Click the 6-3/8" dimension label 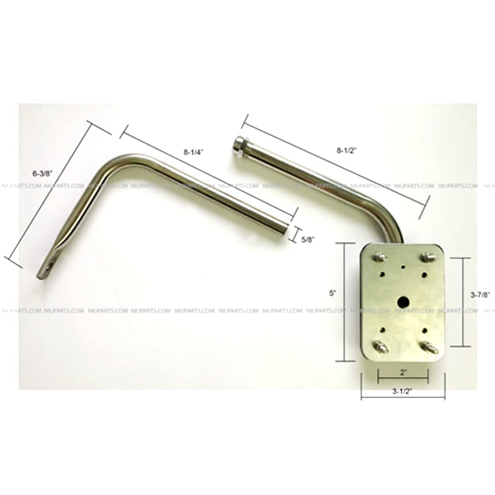tap(43, 174)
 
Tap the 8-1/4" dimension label tap(193, 152)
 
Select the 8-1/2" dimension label tap(346, 151)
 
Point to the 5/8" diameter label tap(308, 240)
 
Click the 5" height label tap(332, 293)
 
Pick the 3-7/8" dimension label tap(480, 295)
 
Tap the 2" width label tap(403, 373)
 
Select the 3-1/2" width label tap(403, 392)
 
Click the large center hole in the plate tap(403, 302)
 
